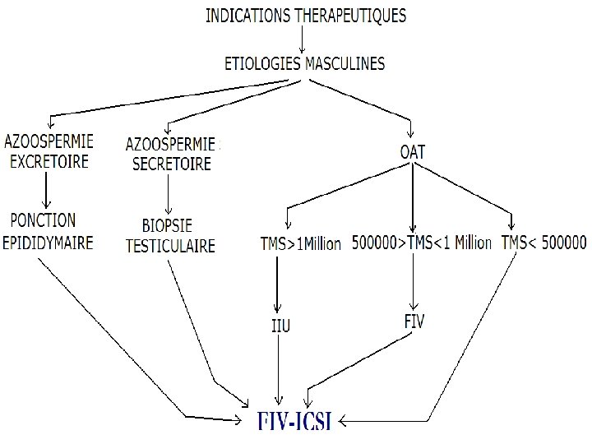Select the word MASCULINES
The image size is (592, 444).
[x=345, y=63]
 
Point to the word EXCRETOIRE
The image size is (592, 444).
[x=49, y=161]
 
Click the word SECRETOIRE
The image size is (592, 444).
[x=172, y=164]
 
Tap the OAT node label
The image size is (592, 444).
[x=412, y=151]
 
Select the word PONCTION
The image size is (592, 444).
[x=44, y=221]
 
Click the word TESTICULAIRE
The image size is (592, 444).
[x=170, y=245]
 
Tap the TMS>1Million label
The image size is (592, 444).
[x=300, y=244]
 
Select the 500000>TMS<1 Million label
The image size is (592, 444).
[x=421, y=243]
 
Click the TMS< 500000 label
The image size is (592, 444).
[x=543, y=243]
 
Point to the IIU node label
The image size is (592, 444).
[x=280, y=326]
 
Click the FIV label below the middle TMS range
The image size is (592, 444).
[x=414, y=321]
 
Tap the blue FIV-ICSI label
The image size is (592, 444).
[x=294, y=421]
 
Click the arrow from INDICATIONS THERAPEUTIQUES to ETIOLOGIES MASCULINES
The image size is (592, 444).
[x=303, y=39]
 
